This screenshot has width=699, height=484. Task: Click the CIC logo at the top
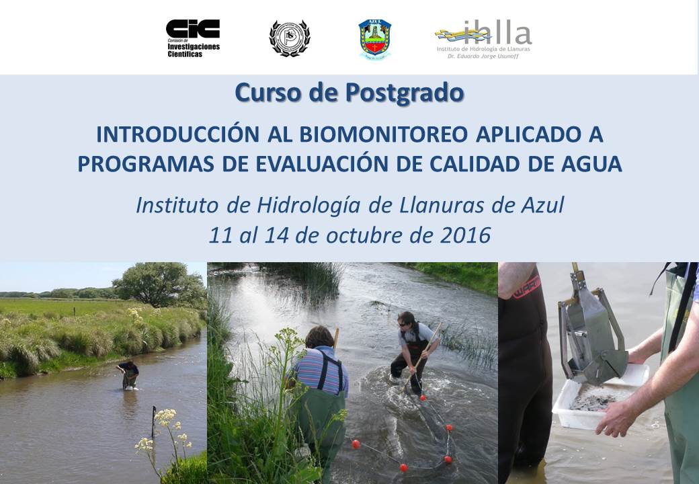point(193,38)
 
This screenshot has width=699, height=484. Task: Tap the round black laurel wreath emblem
point(290,38)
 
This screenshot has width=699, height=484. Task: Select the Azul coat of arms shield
point(375,39)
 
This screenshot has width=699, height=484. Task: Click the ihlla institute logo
point(484,39)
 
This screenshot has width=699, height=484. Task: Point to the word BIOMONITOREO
point(383,134)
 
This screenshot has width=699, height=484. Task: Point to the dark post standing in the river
point(154,421)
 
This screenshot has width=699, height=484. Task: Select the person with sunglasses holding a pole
point(413,353)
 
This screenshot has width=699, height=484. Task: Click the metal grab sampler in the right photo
point(588,330)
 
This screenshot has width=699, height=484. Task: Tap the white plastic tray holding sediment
point(600,397)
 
